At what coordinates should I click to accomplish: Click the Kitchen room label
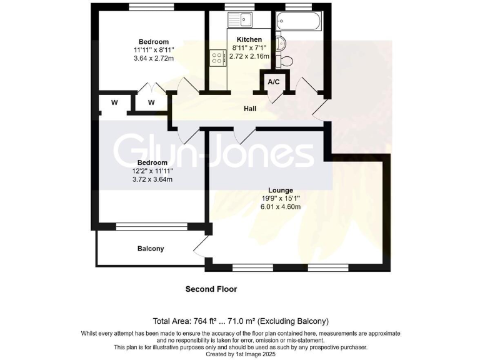(x=249, y=39)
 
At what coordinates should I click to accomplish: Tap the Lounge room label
(x=281, y=190)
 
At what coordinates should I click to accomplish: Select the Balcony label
(x=151, y=248)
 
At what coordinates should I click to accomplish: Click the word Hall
(x=250, y=109)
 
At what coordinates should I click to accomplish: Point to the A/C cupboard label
(x=273, y=82)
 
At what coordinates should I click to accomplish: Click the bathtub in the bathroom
(x=300, y=22)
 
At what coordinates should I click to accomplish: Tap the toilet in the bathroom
(x=286, y=60)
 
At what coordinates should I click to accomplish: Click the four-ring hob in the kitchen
(x=219, y=58)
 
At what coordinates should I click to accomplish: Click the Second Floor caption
(x=211, y=289)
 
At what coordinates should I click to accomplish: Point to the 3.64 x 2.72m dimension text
(x=153, y=59)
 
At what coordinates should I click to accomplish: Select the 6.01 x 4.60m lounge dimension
(x=281, y=207)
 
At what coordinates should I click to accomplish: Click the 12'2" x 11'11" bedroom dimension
(x=153, y=171)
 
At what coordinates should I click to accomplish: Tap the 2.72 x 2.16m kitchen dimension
(x=249, y=56)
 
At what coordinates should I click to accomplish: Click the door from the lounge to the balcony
(x=201, y=249)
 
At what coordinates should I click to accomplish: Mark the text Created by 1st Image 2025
(x=241, y=354)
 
